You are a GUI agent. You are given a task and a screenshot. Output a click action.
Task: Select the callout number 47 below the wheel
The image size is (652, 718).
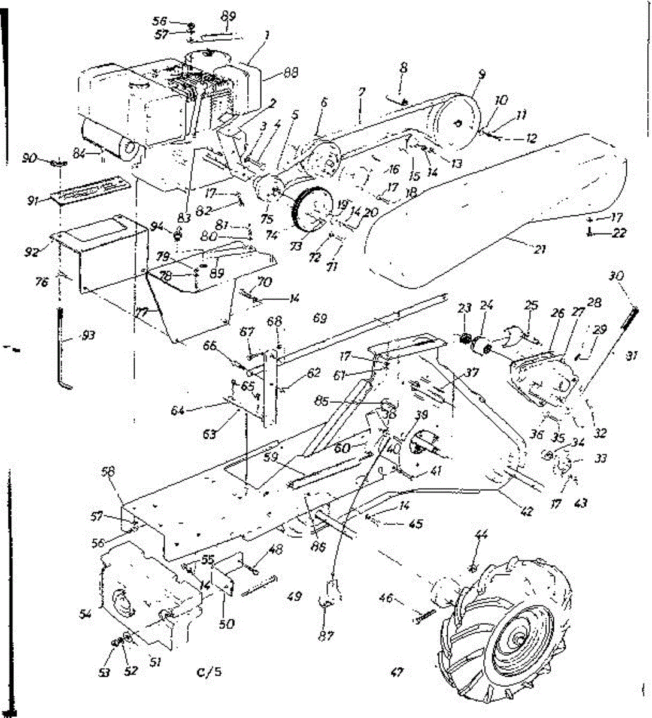396,673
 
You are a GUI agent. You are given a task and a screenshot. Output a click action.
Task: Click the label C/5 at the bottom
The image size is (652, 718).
210,671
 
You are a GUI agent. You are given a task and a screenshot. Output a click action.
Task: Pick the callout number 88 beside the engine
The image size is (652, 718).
291,72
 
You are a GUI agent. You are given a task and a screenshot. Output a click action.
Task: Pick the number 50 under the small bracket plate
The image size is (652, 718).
226,624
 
